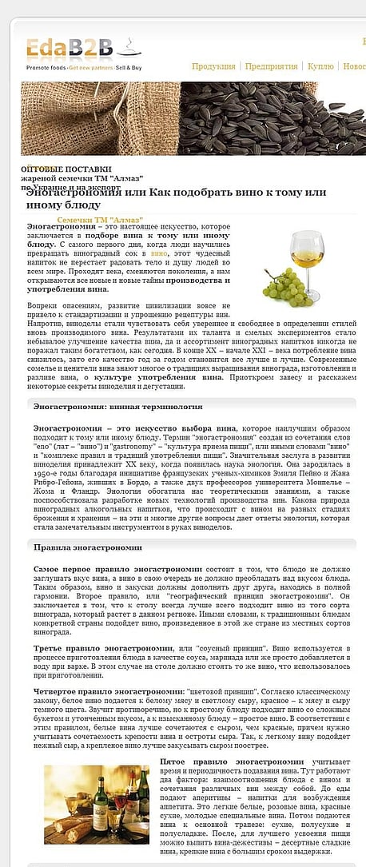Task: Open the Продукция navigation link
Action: pyautogui.click(x=213, y=66)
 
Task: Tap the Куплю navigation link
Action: pyautogui.click(x=320, y=66)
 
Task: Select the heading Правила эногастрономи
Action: pyautogui.click(x=88, y=547)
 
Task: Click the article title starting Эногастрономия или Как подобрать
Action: pyautogui.click(x=176, y=199)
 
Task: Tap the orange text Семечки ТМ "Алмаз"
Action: pyautogui.click(x=100, y=220)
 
